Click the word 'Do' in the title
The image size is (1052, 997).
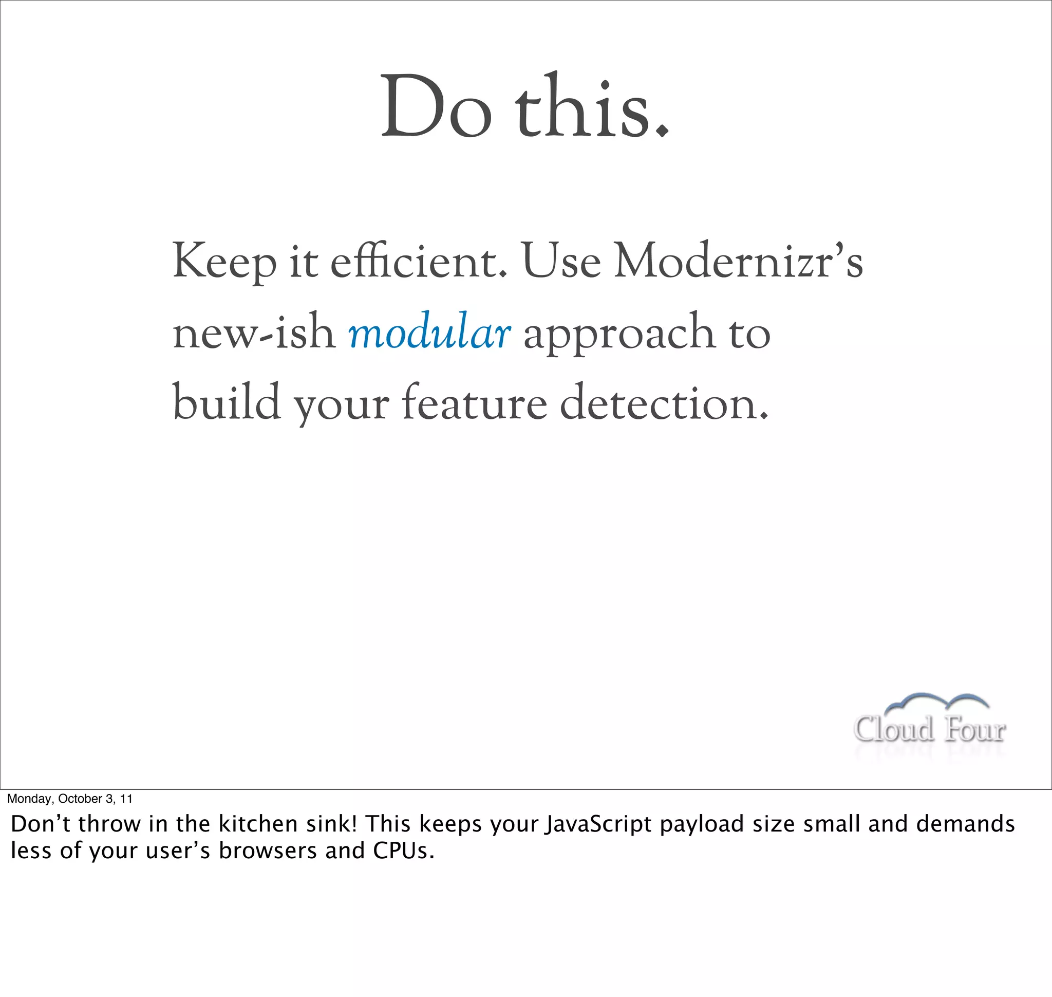[x=436, y=106]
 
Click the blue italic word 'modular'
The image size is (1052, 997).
[x=429, y=332]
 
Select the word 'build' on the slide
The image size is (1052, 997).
[x=227, y=402]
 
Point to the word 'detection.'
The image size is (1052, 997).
[x=664, y=402]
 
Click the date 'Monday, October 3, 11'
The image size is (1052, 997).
[x=69, y=799]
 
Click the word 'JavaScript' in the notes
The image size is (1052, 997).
[x=598, y=824]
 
